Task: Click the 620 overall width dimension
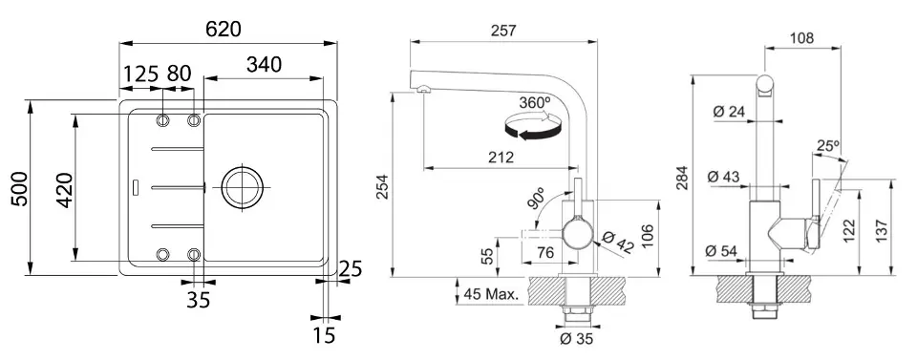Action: pos(224,30)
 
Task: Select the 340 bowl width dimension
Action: pos(264,65)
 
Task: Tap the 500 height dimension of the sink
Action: pos(20,188)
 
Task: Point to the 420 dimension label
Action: pos(64,190)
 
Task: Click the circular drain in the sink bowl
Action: pos(242,187)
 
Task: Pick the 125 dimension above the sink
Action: pos(141,74)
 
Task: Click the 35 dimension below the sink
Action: pos(199,300)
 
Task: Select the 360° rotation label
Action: pos(535,102)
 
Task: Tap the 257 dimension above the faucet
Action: pos(503,31)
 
